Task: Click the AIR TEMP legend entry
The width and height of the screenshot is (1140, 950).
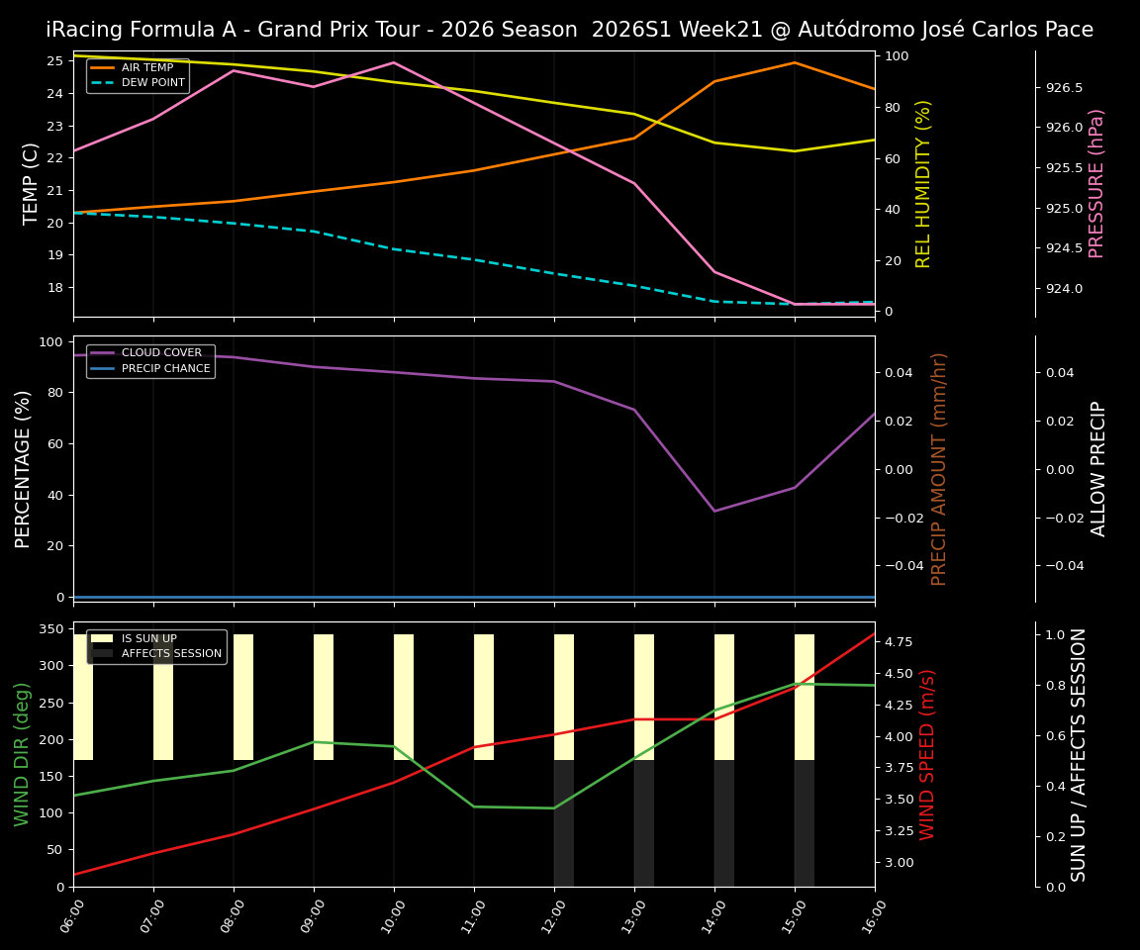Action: coord(146,68)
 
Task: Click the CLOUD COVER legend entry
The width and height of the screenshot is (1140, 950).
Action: coord(161,353)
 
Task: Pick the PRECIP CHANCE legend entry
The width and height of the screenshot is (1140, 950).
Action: coord(165,369)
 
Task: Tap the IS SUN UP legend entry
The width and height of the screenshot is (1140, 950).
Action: coord(148,639)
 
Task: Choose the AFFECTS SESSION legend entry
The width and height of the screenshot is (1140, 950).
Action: coord(171,654)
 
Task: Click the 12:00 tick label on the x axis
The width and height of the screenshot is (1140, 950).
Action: coord(554,915)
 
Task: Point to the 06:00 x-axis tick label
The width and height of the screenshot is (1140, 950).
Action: coord(73,915)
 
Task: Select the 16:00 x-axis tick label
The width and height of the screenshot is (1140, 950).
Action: coord(875,915)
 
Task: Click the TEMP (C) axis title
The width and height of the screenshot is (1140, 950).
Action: coord(31,183)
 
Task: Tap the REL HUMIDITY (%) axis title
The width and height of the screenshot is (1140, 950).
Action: coord(924,183)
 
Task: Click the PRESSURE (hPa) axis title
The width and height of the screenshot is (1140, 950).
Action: coord(1096,183)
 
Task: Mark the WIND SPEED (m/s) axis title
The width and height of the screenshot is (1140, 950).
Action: coord(927,754)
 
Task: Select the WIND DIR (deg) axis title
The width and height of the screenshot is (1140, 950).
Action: coord(22,754)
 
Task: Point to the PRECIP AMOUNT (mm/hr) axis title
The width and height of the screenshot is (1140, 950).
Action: coord(940,468)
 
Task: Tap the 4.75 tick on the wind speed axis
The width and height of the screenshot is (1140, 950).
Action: coord(898,642)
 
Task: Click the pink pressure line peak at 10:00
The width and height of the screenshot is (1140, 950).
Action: coord(394,62)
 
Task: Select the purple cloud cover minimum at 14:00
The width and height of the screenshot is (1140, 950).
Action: coord(714,511)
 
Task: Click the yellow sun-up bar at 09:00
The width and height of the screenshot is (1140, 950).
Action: coord(324,697)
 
